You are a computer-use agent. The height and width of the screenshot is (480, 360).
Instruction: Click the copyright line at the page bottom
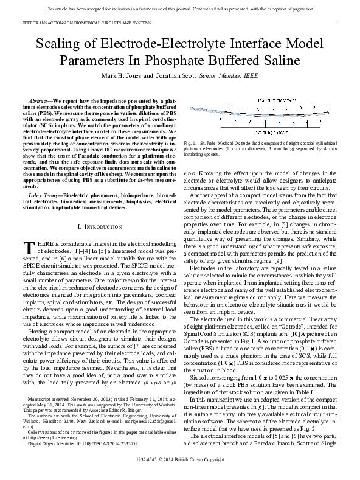tap(179, 470)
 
